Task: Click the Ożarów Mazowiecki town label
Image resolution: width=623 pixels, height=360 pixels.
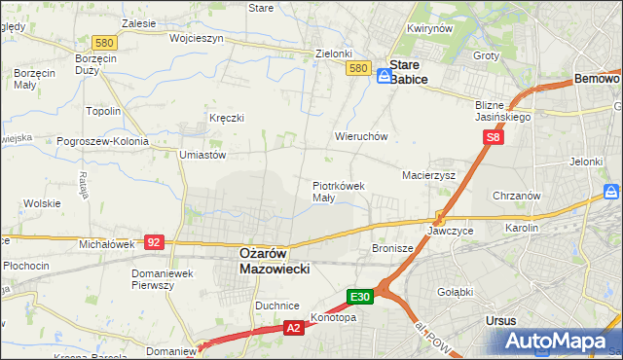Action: click(275, 260)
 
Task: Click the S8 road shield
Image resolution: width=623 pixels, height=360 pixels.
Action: click(494, 138)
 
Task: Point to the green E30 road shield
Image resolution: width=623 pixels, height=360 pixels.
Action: click(359, 297)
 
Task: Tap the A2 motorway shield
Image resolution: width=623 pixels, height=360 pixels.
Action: click(293, 330)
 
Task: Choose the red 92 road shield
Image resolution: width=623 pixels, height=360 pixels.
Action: click(153, 241)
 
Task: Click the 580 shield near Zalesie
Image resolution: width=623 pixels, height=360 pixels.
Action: click(104, 43)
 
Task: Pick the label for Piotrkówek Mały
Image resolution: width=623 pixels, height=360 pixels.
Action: click(338, 190)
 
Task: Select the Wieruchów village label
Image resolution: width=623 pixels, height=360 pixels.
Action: click(361, 137)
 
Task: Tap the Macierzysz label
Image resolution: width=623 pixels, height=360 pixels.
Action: click(429, 175)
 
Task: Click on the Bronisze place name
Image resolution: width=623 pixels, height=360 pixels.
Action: click(392, 248)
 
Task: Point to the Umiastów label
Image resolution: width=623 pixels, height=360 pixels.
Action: click(202, 154)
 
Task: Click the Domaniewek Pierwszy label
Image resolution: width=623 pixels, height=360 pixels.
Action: click(165, 279)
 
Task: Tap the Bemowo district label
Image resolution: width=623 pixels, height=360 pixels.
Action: click(597, 78)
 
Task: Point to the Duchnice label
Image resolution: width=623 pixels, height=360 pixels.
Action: click(275, 305)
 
